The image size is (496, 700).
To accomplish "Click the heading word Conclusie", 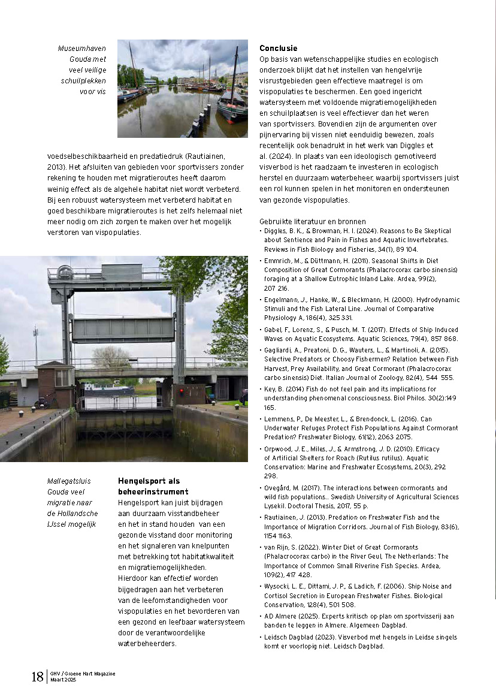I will pyautogui.click(x=278, y=48).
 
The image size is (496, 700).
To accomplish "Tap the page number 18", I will pyautogui.click(x=37, y=677).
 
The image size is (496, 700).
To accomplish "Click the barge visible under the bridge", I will pyautogui.click(x=108, y=390).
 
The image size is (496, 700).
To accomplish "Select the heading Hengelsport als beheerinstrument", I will pyautogui.click(x=149, y=485).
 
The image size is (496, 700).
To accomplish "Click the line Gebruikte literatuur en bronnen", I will pyautogui.click(x=312, y=221).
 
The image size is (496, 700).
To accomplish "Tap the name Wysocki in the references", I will pyautogui.click(x=279, y=586).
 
